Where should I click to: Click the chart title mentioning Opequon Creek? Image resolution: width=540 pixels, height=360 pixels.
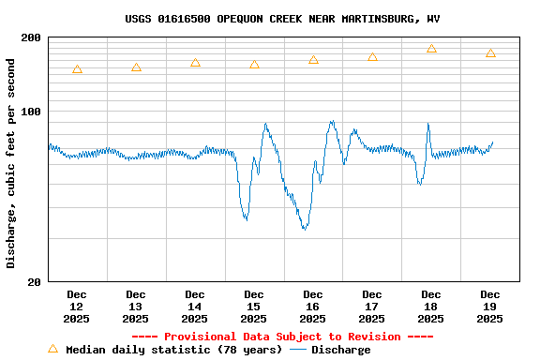pyautogui.click(x=282, y=19)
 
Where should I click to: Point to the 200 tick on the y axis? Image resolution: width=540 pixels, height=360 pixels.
pyautogui.click(x=32, y=37)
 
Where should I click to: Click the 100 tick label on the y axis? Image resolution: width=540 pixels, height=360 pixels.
pyautogui.click(x=32, y=112)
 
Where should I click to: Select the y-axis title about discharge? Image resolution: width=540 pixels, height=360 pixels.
pyautogui.click(x=11, y=163)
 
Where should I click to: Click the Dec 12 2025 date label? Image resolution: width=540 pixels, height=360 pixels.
pyautogui.click(x=77, y=307)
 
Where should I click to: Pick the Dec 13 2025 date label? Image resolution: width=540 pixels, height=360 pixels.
pyautogui.click(x=136, y=307)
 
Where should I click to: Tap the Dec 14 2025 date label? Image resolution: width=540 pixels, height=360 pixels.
pyautogui.click(x=195, y=307)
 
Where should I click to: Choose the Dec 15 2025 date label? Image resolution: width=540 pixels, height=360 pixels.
pyautogui.click(x=254, y=307)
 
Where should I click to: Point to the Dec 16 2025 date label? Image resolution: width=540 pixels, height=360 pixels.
pyautogui.click(x=313, y=307)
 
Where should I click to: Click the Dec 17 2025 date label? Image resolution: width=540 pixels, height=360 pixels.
pyautogui.click(x=372, y=307)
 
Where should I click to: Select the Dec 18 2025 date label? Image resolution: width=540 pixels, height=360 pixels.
pyautogui.click(x=431, y=307)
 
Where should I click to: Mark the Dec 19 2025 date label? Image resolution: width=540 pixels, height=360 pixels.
pyautogui.click(x=489, y=307)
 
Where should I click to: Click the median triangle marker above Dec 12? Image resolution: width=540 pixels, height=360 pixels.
pyautogui.click(x=77, y=69)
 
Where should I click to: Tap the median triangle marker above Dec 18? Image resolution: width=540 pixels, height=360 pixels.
pyautogui.click(x=431, y=49)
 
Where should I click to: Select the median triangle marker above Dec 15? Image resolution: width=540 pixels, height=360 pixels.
pyautogui.click(x=254, y=65)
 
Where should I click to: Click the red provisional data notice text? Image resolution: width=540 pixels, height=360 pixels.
pyautogui.click(x=282, y=337)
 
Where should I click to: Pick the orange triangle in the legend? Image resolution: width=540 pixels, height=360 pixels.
pyautogui.click(x=52, y=349)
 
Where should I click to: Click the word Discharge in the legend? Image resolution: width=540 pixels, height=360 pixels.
pyautogui.click(x=340, y=350)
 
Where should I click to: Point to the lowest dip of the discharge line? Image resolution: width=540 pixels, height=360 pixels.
pyautogui.click(x=304, y=228)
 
